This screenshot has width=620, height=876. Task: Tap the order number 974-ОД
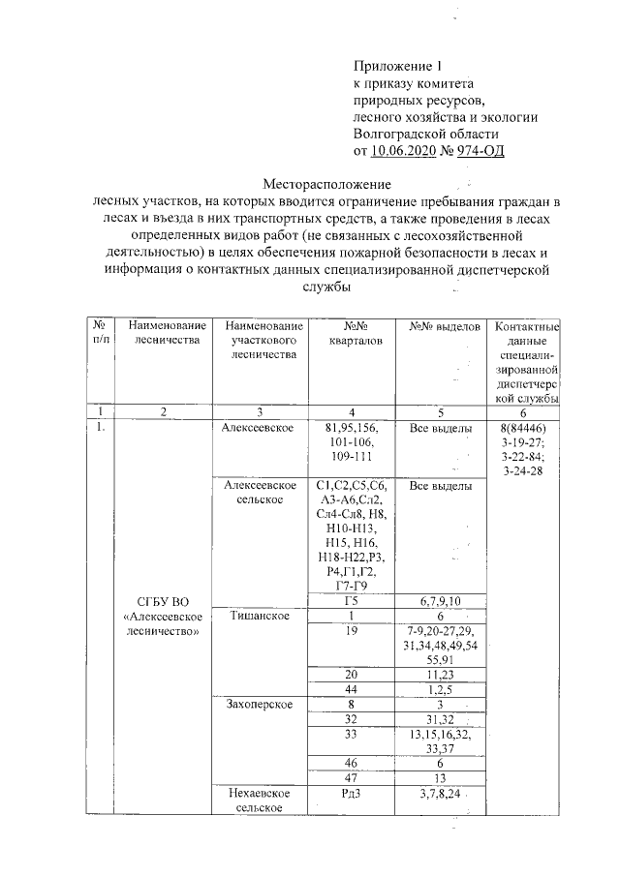[x=475, y=151]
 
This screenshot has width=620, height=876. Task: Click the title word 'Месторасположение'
[x=326, y=184]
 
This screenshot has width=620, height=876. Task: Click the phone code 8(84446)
[x=528, y=428]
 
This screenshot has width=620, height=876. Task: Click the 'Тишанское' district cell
[x=257, y=615]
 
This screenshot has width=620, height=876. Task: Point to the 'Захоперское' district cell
[x=257, y=704]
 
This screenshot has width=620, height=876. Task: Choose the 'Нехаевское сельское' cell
[x=257, y=800]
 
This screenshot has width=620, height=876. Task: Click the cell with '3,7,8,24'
[x=441, y=795]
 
